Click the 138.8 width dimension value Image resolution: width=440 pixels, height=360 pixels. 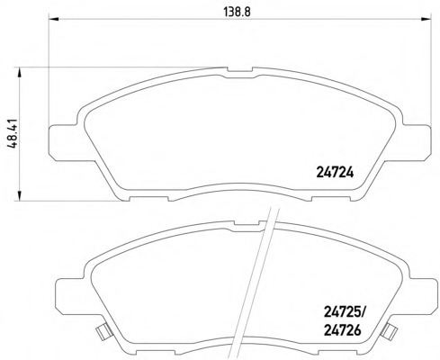click(237, 12)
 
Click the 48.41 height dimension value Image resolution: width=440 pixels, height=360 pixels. click(13, 133)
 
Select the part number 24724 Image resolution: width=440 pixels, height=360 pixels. click(335, 173)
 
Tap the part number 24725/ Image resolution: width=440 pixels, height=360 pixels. click(343, 313)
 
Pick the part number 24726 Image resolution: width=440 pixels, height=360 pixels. click(342, 330)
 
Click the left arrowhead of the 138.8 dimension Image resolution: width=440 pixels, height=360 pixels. click(53, 19)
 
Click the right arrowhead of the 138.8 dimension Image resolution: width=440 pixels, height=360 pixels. click(426, 19)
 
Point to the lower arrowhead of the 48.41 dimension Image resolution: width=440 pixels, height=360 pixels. click(19, 196)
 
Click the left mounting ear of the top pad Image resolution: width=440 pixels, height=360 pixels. click(63, 142)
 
